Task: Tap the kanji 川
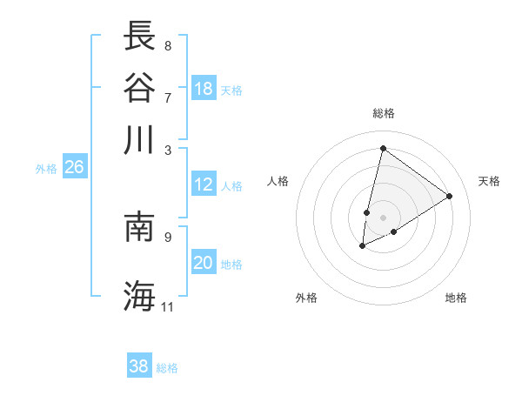(140, 139)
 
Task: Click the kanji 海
(140, 295)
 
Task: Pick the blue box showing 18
(204, 89)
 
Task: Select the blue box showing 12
(204, 184)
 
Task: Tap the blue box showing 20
(204, 263)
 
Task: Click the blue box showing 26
(74, 167)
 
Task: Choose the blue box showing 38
(139, 366)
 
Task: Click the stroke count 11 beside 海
(168, 307)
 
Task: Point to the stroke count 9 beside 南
(167, 235)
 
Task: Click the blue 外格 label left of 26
(46, 169)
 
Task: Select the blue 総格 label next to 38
(167, 368)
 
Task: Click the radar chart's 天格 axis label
(489, 181)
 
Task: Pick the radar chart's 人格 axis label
(278, 181)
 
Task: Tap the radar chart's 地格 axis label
(456, 298)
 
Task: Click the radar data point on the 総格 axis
(383, 148)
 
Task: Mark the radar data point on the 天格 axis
(450, 196)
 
